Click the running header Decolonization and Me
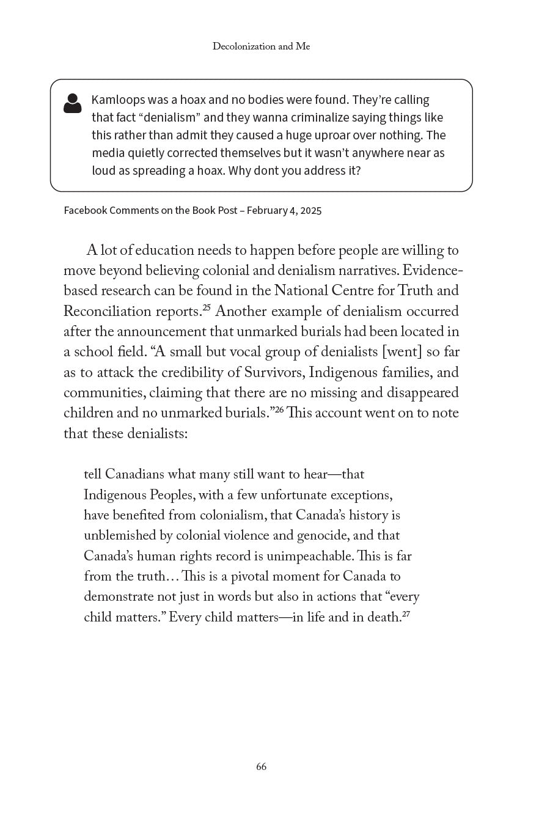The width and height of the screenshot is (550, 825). [261, 46]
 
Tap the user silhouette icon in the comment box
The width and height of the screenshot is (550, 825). [73, 103]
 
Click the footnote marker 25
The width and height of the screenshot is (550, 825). [207, 307]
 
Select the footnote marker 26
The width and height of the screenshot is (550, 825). [279, 409]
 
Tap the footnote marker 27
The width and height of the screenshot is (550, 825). [405, 613]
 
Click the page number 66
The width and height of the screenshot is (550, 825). [262, 767]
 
